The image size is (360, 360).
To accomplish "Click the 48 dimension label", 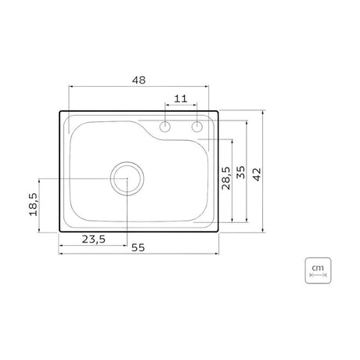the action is tap(139, 80).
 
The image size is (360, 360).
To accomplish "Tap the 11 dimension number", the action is tap(181, 99).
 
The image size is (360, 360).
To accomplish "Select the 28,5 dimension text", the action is tap(226, 178).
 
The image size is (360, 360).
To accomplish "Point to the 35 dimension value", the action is tap(241, 172).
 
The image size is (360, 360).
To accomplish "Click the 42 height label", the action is tap(257, 175).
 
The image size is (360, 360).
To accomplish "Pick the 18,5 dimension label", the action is tap(34, 204).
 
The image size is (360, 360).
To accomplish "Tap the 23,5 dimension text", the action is tap(94, 239).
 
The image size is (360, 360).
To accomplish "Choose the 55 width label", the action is tap(138, 247).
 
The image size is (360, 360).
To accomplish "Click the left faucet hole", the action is tap(165, 127).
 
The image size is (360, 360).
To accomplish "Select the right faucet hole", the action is tap(197, 127).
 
